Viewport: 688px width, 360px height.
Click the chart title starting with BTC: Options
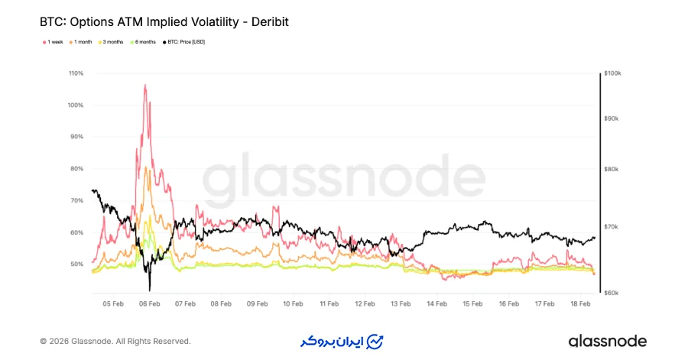[164, 23]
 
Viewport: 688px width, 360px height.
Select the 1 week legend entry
[54, 41]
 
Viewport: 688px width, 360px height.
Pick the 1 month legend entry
[82, 41]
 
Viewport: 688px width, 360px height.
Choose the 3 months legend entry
[112, 41]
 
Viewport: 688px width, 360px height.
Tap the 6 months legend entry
[144, 41]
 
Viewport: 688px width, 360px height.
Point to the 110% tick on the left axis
[76, 73]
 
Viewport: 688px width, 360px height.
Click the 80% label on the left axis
[76, 169]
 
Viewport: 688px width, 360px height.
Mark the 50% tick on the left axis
[76, 264]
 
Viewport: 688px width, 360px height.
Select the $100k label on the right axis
[612, 73]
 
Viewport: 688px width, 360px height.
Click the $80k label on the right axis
[612, 170]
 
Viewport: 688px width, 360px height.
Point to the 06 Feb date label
[149, 303]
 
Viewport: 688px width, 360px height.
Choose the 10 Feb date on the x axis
[293, 303]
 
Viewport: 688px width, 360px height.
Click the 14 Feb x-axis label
[436, 303]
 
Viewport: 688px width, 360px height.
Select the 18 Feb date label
[580, 303]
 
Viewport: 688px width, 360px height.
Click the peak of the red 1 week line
[145, 85]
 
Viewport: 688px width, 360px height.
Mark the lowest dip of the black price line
[150, 290]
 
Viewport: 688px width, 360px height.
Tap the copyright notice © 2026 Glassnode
[115, 341]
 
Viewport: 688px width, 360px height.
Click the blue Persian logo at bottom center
[342, 341]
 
